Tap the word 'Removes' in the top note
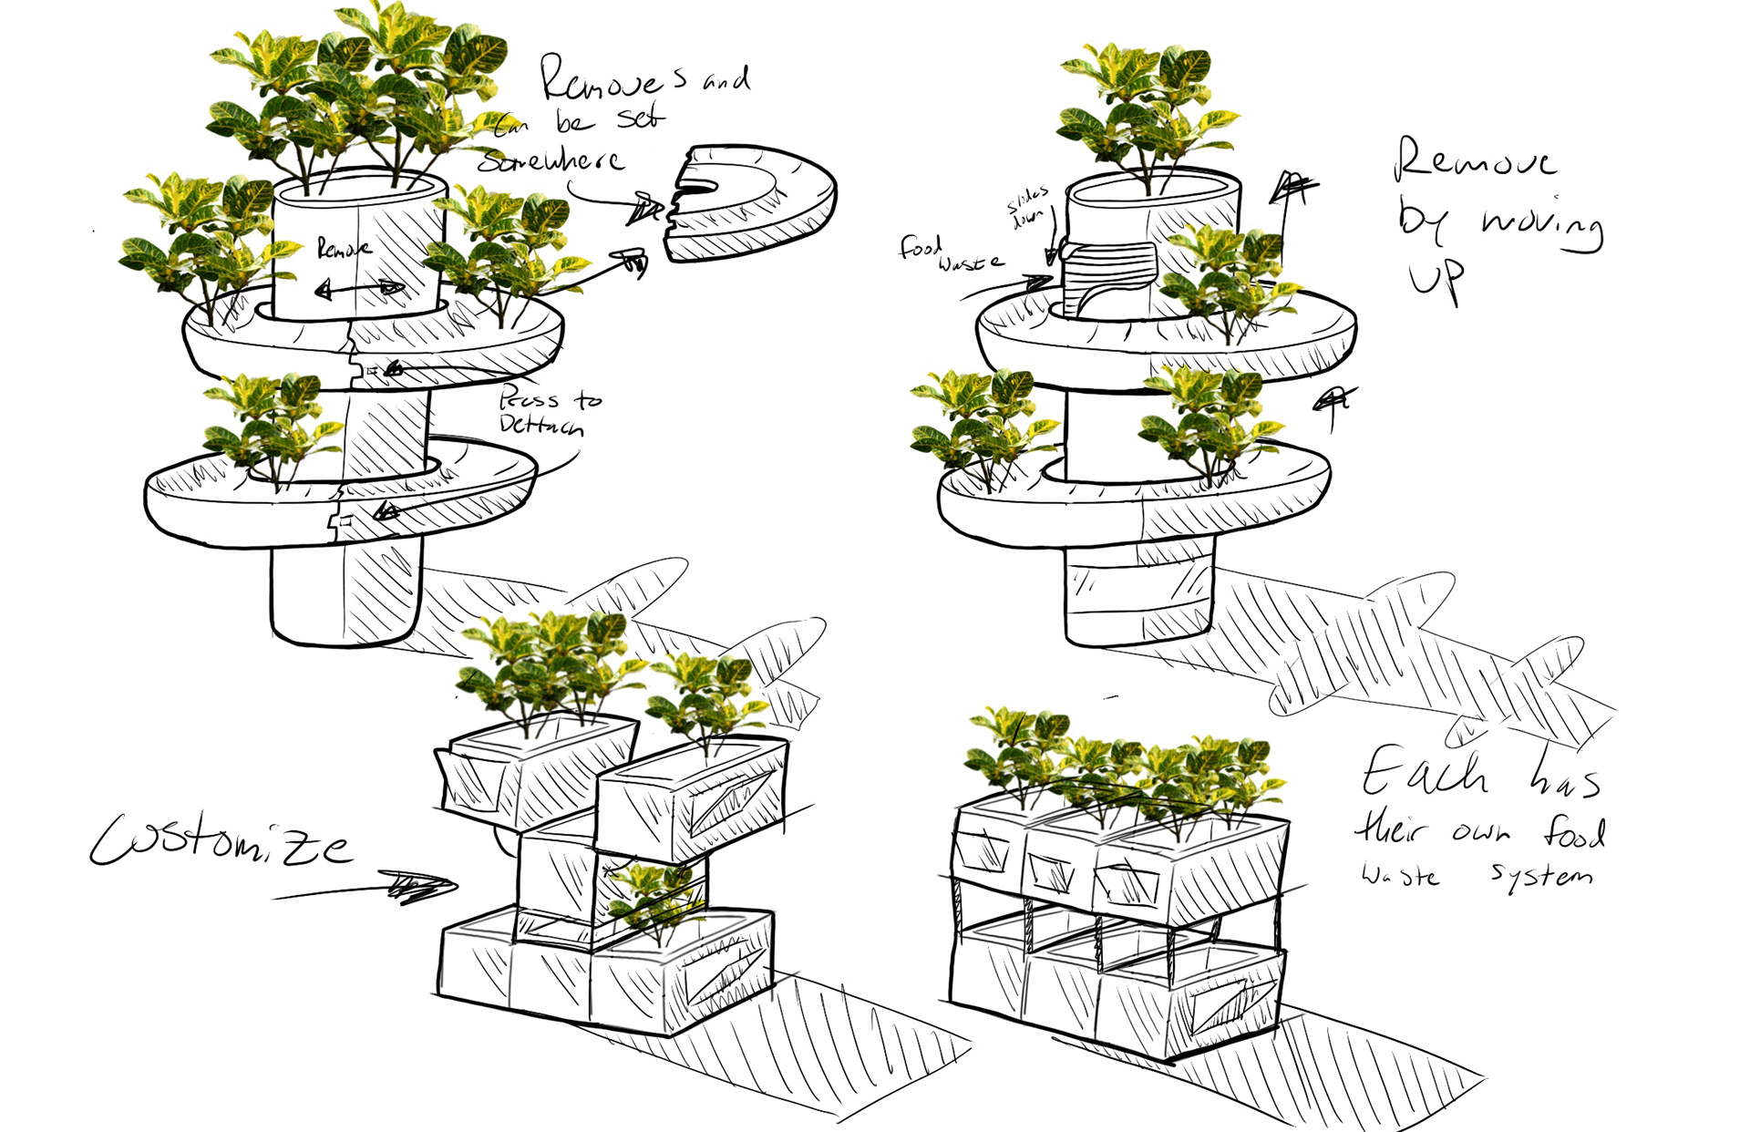coord(611,80)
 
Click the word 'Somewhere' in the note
coord(552,161)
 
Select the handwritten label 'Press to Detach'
coord(547,412)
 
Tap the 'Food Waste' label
coord(948,254)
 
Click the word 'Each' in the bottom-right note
coord(1426,772)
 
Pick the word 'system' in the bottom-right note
coord(1542,875)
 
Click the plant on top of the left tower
coord(360,91)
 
